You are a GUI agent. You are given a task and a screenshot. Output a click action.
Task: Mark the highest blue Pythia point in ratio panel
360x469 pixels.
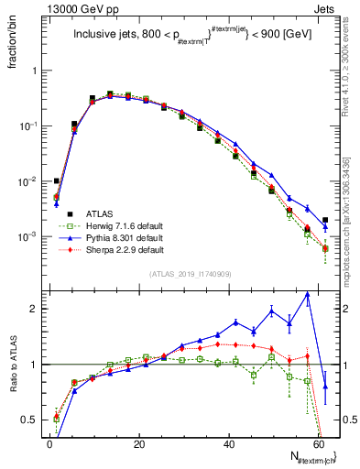pos(308,294)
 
